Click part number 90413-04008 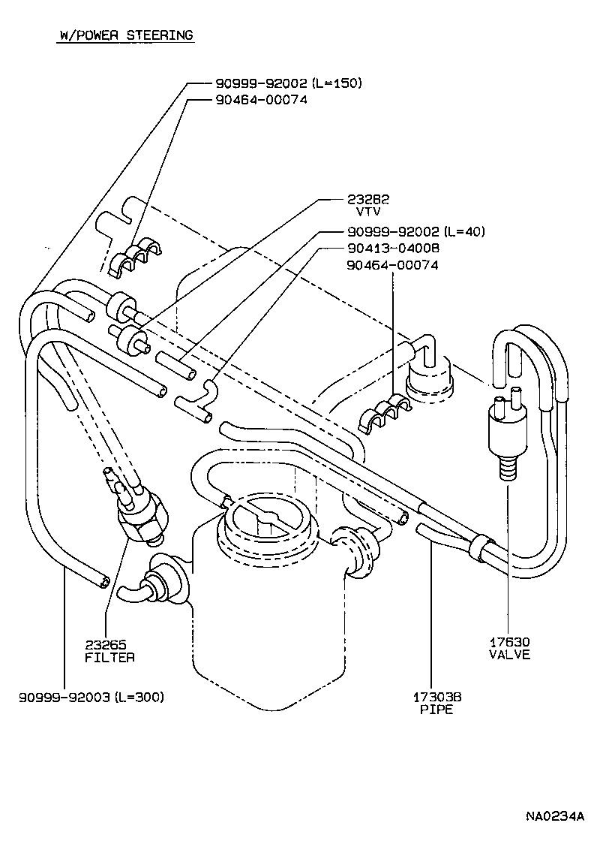pyautogui.click(x=393, y=248)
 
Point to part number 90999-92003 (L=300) pyautogui.click(x=91, y=697)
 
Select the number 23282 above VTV pyautogui.click(x=369, y=199)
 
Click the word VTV pyautogui.click(x=369, y=212)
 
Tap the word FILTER pyautogui.click(x=110, y=657)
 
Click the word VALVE pyautogui.click(x=509, y=654)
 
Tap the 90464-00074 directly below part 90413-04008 pyautogui.click(x=392, y=265)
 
